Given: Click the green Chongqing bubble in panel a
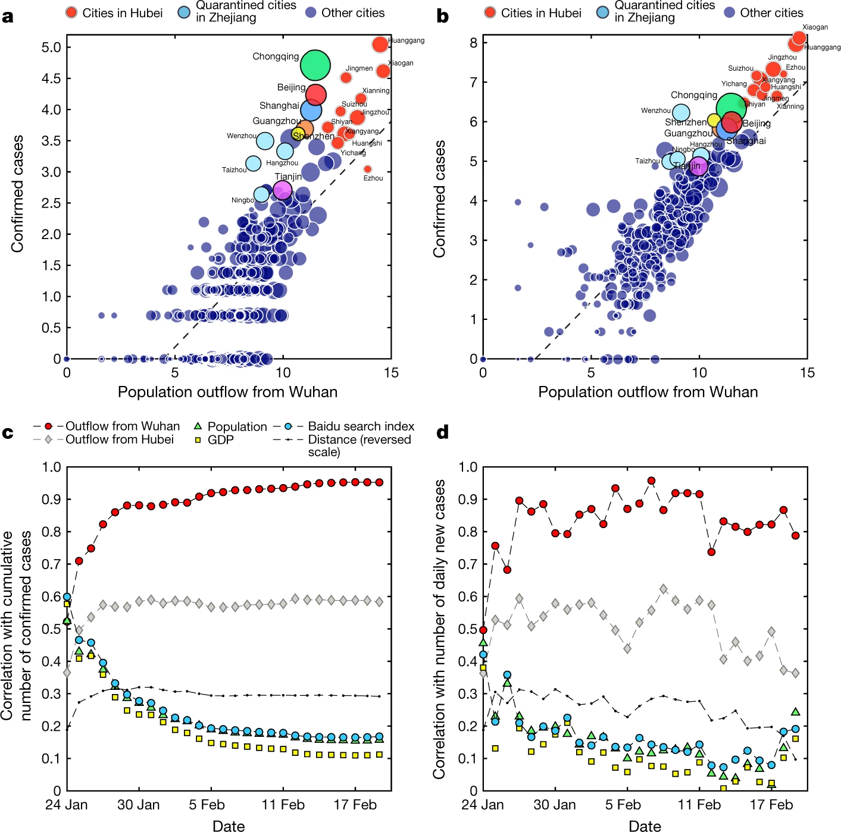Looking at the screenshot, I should [x=315, y=65].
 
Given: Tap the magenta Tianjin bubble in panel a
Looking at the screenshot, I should [x=282, y=190].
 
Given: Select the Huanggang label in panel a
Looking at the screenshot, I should [x=407, y=40].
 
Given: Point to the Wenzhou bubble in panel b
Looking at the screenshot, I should [x=680, y=112].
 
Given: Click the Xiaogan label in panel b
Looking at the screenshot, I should [x=815, y=27].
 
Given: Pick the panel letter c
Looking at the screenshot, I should [x=8, y=432].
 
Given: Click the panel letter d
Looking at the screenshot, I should [x=442, y=432].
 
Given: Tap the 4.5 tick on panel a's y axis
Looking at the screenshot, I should [x=51, y=79].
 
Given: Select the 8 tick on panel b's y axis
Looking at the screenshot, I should [x=473, y=42].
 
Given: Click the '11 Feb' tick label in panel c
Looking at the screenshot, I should [x=283, y=805].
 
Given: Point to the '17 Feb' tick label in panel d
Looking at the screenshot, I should [x=771, y=805].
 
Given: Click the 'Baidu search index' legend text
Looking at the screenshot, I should [x=361, y=426].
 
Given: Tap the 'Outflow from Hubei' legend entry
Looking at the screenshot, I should [x=119, y=439].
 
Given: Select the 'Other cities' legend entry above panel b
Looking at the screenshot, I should [x=771, y=12].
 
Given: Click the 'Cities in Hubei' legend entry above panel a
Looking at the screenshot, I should [x=122, y=12].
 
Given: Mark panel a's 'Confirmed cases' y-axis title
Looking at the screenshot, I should [x=18, y=193].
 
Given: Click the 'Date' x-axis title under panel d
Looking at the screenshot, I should [x=645, y=825].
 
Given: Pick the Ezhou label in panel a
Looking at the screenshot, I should [x=373, y=178].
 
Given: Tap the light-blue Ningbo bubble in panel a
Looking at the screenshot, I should [x=262, y=194].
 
